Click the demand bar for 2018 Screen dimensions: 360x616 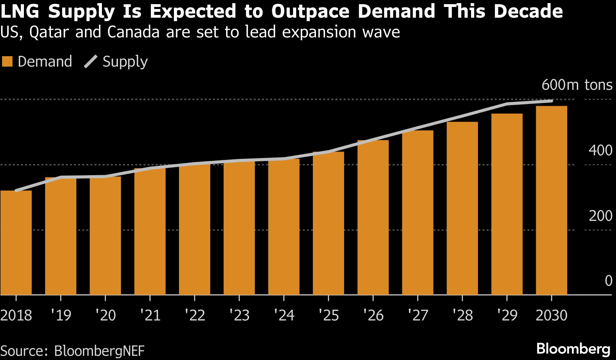[16, 243]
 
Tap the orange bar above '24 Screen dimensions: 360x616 [284, 227]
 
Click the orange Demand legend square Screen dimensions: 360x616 [7, 62]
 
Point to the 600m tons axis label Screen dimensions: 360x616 [577, 85]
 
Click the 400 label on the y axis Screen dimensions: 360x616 [600, 151]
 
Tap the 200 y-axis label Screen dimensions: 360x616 [600, 216]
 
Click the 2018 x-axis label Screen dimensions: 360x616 [16, 315]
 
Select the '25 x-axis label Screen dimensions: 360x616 [329, 315]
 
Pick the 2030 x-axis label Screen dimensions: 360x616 [551, 315]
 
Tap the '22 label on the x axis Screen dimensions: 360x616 [195, 315]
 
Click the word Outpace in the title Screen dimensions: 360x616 [310, 11]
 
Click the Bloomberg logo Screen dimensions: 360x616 [573, 349]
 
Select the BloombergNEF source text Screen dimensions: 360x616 [99, 351]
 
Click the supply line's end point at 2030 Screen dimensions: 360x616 [551, 101]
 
